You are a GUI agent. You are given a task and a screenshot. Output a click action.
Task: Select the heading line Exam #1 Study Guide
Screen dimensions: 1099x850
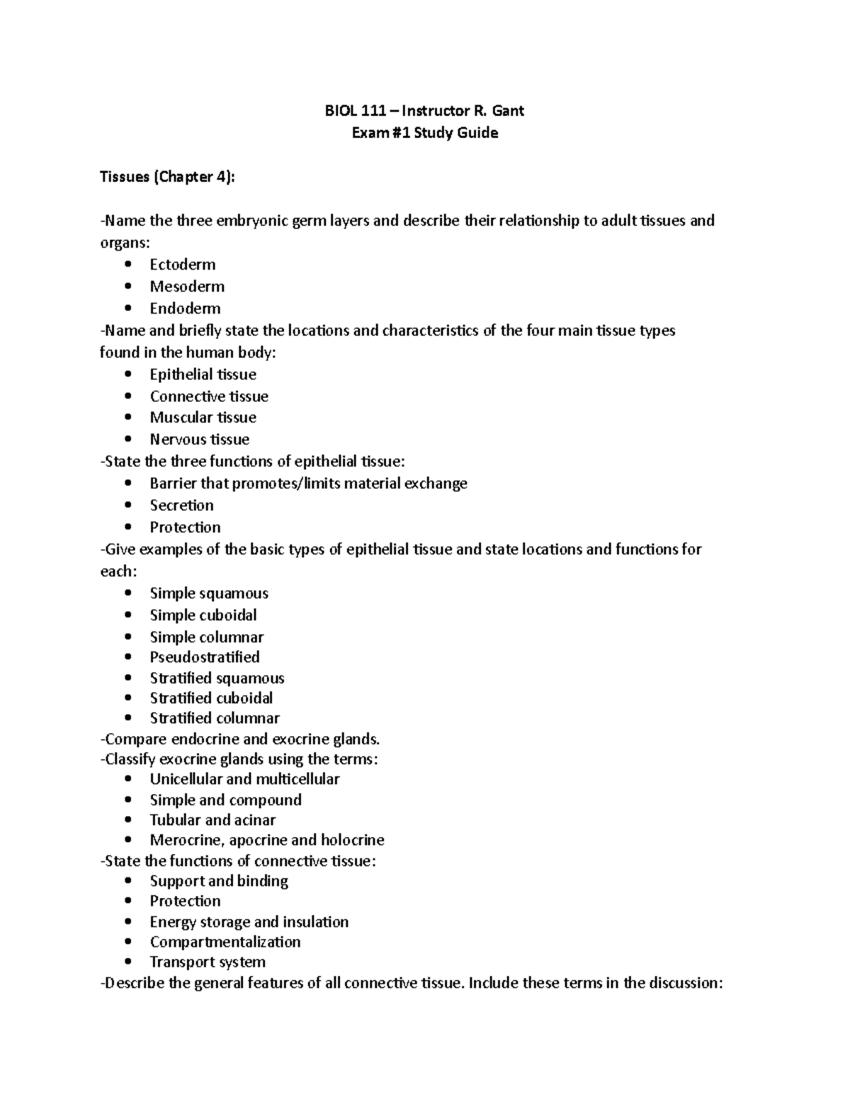425,133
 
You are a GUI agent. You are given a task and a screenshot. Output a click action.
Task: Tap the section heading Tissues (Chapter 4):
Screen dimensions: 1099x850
166,177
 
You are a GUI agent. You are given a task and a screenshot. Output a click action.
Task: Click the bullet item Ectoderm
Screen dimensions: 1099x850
183,265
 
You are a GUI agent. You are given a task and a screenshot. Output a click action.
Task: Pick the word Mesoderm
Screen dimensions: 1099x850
187,287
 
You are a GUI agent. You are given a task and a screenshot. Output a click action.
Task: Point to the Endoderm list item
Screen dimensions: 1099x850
185,309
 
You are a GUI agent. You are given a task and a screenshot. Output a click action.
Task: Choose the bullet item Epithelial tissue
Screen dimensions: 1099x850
203,374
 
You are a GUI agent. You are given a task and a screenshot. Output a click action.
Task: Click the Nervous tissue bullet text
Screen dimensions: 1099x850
199,439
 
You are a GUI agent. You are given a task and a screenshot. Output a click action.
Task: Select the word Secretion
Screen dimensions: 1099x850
181,505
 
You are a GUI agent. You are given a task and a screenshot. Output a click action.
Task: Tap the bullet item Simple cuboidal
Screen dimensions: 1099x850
203,615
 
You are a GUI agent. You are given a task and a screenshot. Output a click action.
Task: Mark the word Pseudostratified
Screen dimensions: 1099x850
205,657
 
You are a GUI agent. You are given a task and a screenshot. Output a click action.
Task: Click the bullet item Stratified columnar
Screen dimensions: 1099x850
215,718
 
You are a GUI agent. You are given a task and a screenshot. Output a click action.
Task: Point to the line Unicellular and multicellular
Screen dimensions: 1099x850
244,779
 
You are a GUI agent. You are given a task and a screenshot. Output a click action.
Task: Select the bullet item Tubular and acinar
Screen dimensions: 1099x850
212,820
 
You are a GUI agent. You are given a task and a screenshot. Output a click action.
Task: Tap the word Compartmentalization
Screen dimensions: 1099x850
225,942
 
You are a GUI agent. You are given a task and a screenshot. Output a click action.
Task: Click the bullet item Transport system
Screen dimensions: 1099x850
208,962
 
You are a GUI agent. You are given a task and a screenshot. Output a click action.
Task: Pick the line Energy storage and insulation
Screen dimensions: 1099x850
249,922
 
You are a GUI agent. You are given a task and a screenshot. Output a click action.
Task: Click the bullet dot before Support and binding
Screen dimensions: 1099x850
127,881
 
